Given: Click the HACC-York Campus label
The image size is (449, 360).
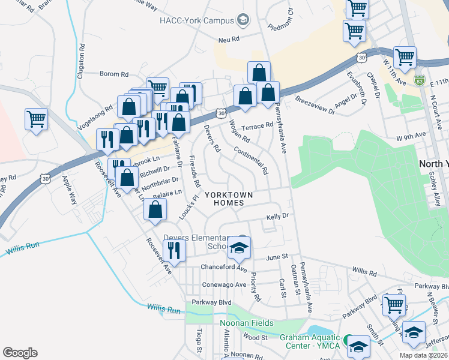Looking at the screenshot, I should (196, 21).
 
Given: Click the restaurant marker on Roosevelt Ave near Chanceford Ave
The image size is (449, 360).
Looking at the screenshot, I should (173, 250).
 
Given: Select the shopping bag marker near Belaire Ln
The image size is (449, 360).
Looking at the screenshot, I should (155, 210).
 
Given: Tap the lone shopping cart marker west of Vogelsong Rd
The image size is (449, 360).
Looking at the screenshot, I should (36, 119).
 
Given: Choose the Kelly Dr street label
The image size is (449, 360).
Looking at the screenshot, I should (278, 215).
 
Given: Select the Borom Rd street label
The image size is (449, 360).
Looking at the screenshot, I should (114, 74).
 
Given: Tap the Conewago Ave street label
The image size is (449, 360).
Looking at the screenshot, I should (224, 284).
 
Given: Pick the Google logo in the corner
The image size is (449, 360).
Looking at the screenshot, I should (20, 352).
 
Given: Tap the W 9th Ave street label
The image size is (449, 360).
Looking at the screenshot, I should (411, 137).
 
